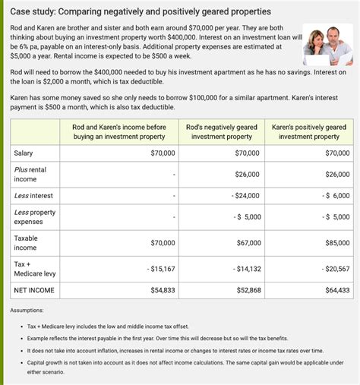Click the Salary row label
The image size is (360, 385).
click(x=24, y=153)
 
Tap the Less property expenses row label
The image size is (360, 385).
click(x=35, y=217)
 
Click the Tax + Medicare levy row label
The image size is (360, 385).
click(x=35, y=269)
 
